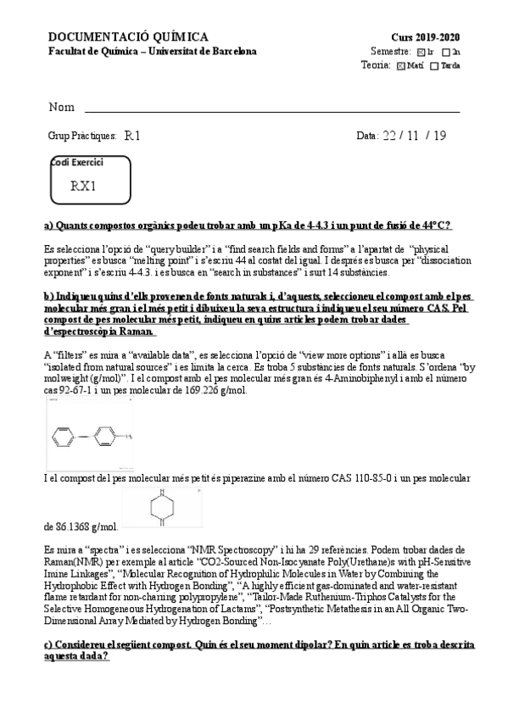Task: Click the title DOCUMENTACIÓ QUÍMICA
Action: click(128, 37)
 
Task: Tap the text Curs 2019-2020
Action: click(426, 38)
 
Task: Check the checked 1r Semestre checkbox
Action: click(421, 52)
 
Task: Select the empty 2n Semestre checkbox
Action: click(446, 52)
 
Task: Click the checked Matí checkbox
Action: click(400, 65)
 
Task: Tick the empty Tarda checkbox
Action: click(435, 65)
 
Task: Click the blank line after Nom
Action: click(271, 109)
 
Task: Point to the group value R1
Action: click(132, 135)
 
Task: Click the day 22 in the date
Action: click(389, 135)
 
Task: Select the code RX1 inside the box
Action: click(84, 186)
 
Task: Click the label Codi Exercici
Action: click(77, 162)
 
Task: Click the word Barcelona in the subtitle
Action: click(230, 52)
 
